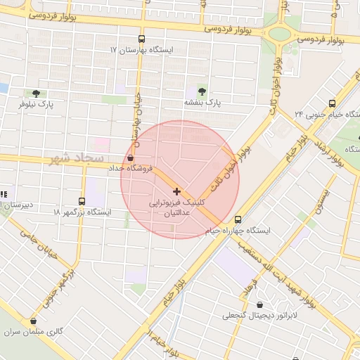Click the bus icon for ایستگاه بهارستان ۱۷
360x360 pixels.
[142, 39]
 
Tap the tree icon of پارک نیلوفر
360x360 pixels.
[36, 93]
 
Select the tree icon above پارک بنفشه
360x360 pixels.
[202, 91]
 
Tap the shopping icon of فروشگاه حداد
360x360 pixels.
[131, 157]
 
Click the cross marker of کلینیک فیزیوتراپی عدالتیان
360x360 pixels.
[176, 191]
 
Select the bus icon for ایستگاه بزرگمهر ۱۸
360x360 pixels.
[82, 201]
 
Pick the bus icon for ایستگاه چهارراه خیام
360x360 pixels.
[238, 219]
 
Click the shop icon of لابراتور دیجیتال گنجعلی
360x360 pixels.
[262, 306]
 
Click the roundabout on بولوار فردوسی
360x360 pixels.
[279, 33]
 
